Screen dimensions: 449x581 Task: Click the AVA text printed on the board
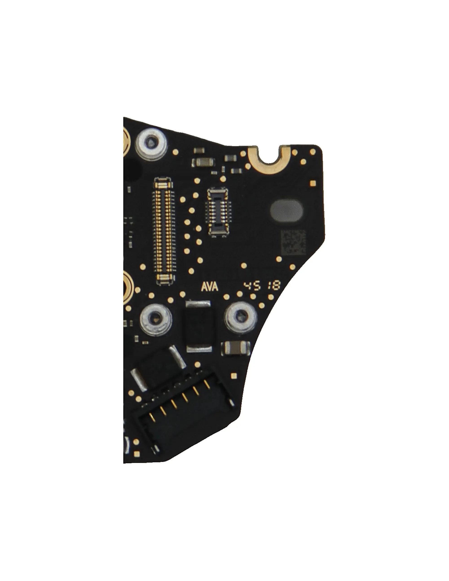click(x=210, y=287)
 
